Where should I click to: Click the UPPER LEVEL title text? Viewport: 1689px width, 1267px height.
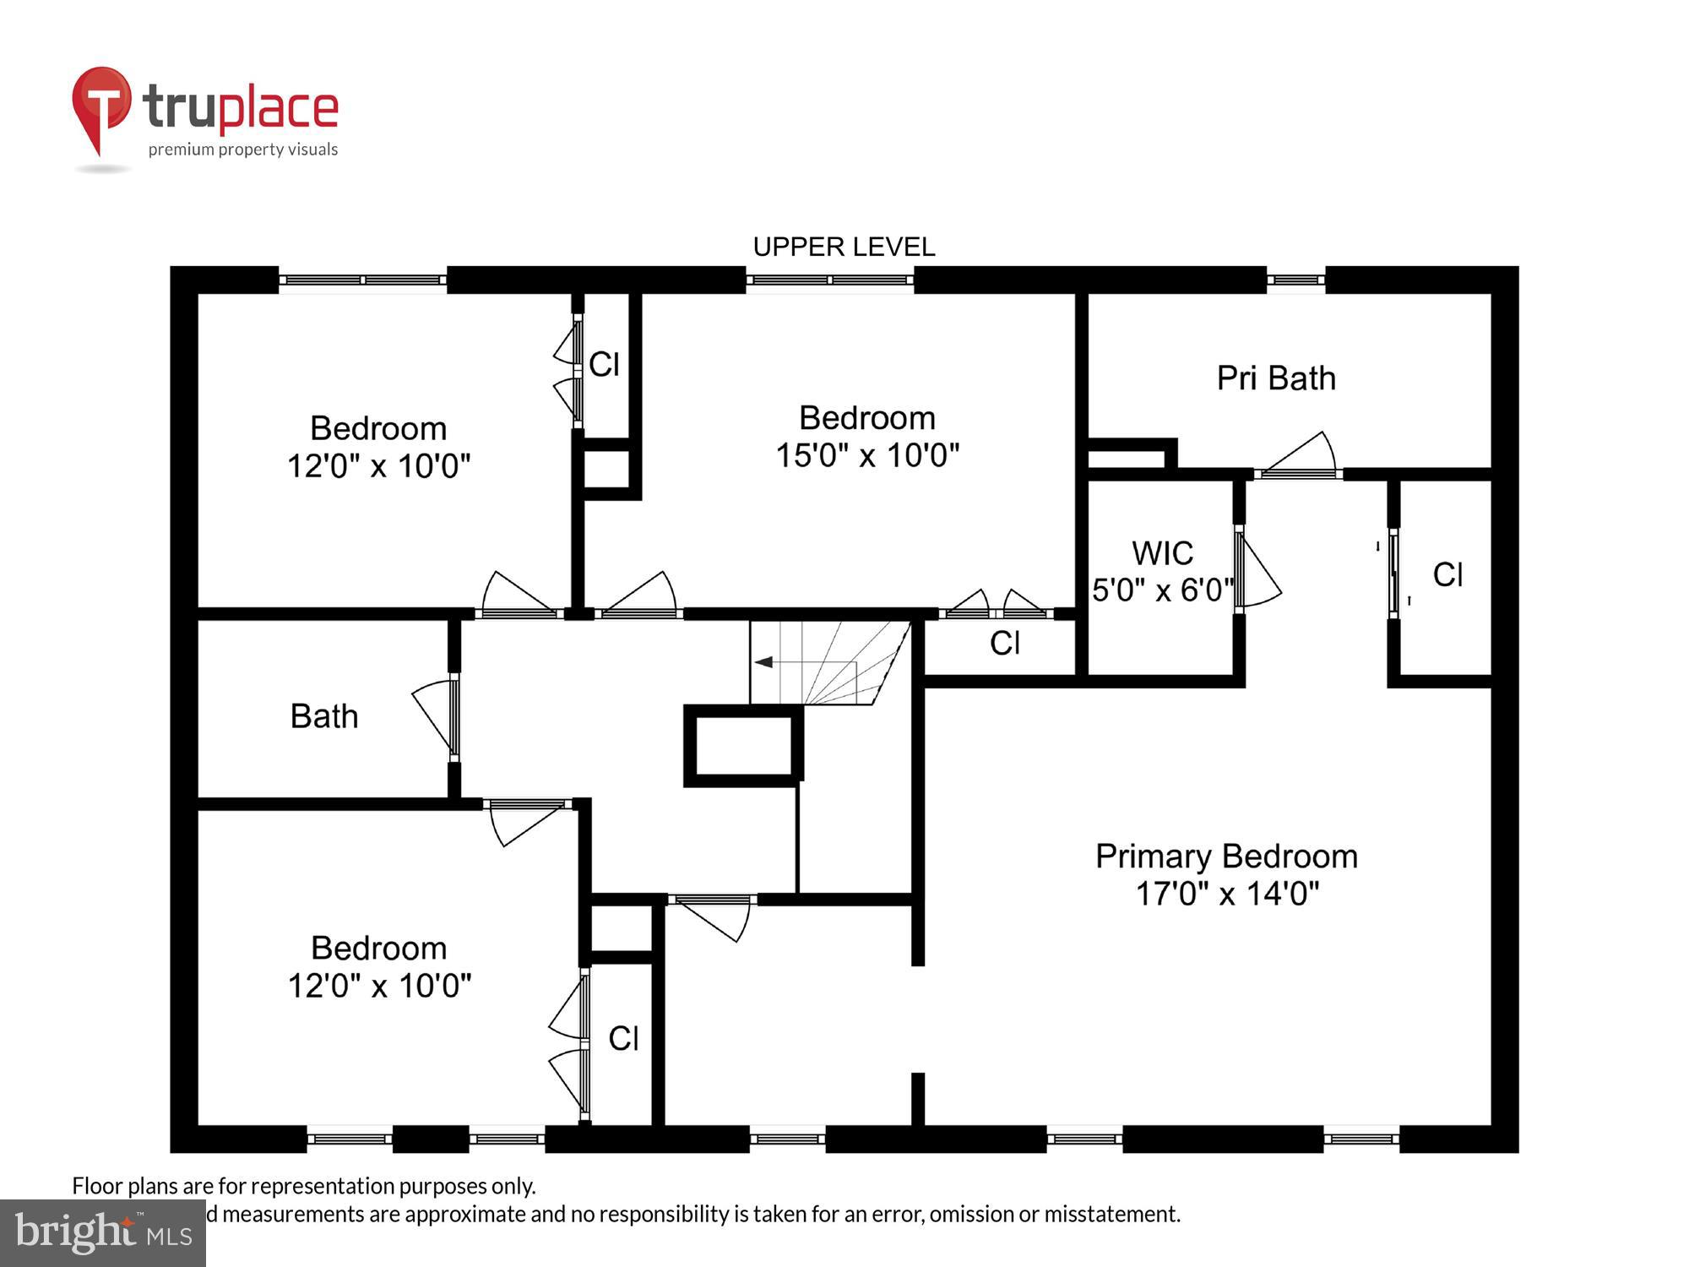tap(844, 247)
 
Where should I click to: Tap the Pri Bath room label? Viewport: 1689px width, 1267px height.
tap(1275, 378)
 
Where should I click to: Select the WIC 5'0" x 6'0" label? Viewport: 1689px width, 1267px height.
tap(1162, 572)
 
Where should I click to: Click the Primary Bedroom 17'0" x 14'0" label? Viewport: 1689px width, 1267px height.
tap(1226, 874)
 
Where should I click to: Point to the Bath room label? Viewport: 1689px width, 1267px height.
tap(324, 716)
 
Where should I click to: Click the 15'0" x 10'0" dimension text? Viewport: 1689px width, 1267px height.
tap(867, 455)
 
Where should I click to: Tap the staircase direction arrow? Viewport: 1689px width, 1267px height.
tap(763, 662)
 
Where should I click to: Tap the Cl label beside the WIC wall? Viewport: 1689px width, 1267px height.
tap(1005, 644)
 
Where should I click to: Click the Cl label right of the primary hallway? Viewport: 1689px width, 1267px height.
tap(1447, 575)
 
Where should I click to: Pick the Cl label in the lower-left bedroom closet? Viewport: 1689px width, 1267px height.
tap(623, 1039)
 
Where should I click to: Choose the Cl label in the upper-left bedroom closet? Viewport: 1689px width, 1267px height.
tap(604, 365)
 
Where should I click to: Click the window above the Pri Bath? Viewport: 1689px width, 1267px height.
tap(1295, 280)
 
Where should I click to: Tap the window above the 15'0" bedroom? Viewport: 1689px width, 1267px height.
tap(829, 280)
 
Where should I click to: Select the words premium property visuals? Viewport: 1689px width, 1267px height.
tap(243, 150)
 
